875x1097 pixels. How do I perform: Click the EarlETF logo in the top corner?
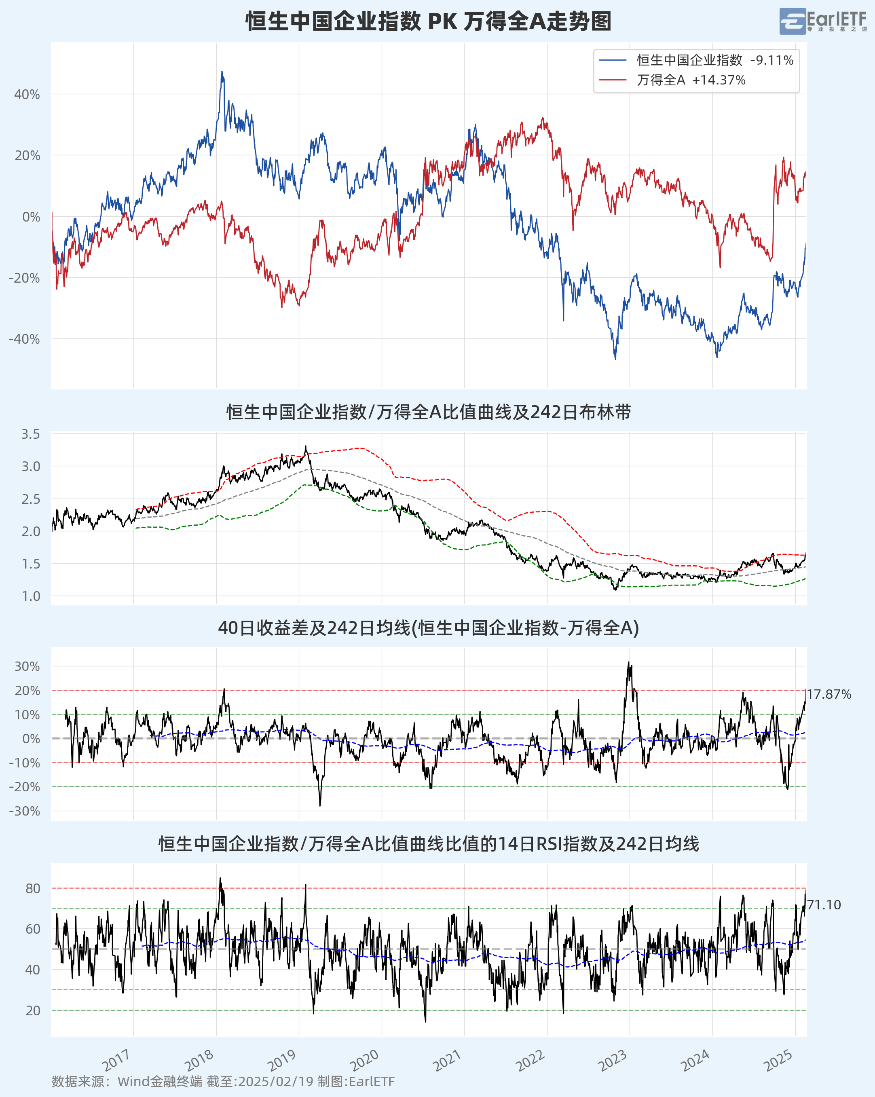click(822, 21)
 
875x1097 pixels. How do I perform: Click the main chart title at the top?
click(428, 21)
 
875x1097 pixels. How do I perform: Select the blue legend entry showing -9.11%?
click(696, 60)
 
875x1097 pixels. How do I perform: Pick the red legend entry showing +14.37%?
click(672, 80)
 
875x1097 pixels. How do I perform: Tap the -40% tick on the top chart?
click(24, 339)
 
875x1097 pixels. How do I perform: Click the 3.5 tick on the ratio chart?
click(30, 434)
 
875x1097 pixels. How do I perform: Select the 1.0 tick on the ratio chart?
click(30, 596)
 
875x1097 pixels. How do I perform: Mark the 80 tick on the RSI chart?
click(33, 888)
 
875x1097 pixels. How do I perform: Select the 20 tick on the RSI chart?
click(33, 1010)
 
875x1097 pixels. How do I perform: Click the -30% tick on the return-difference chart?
click(24, 811)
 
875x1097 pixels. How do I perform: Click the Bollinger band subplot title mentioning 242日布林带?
click(428, 412)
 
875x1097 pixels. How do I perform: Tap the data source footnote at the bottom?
click(223, 1081)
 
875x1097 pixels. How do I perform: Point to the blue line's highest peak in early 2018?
click(222, 72)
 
